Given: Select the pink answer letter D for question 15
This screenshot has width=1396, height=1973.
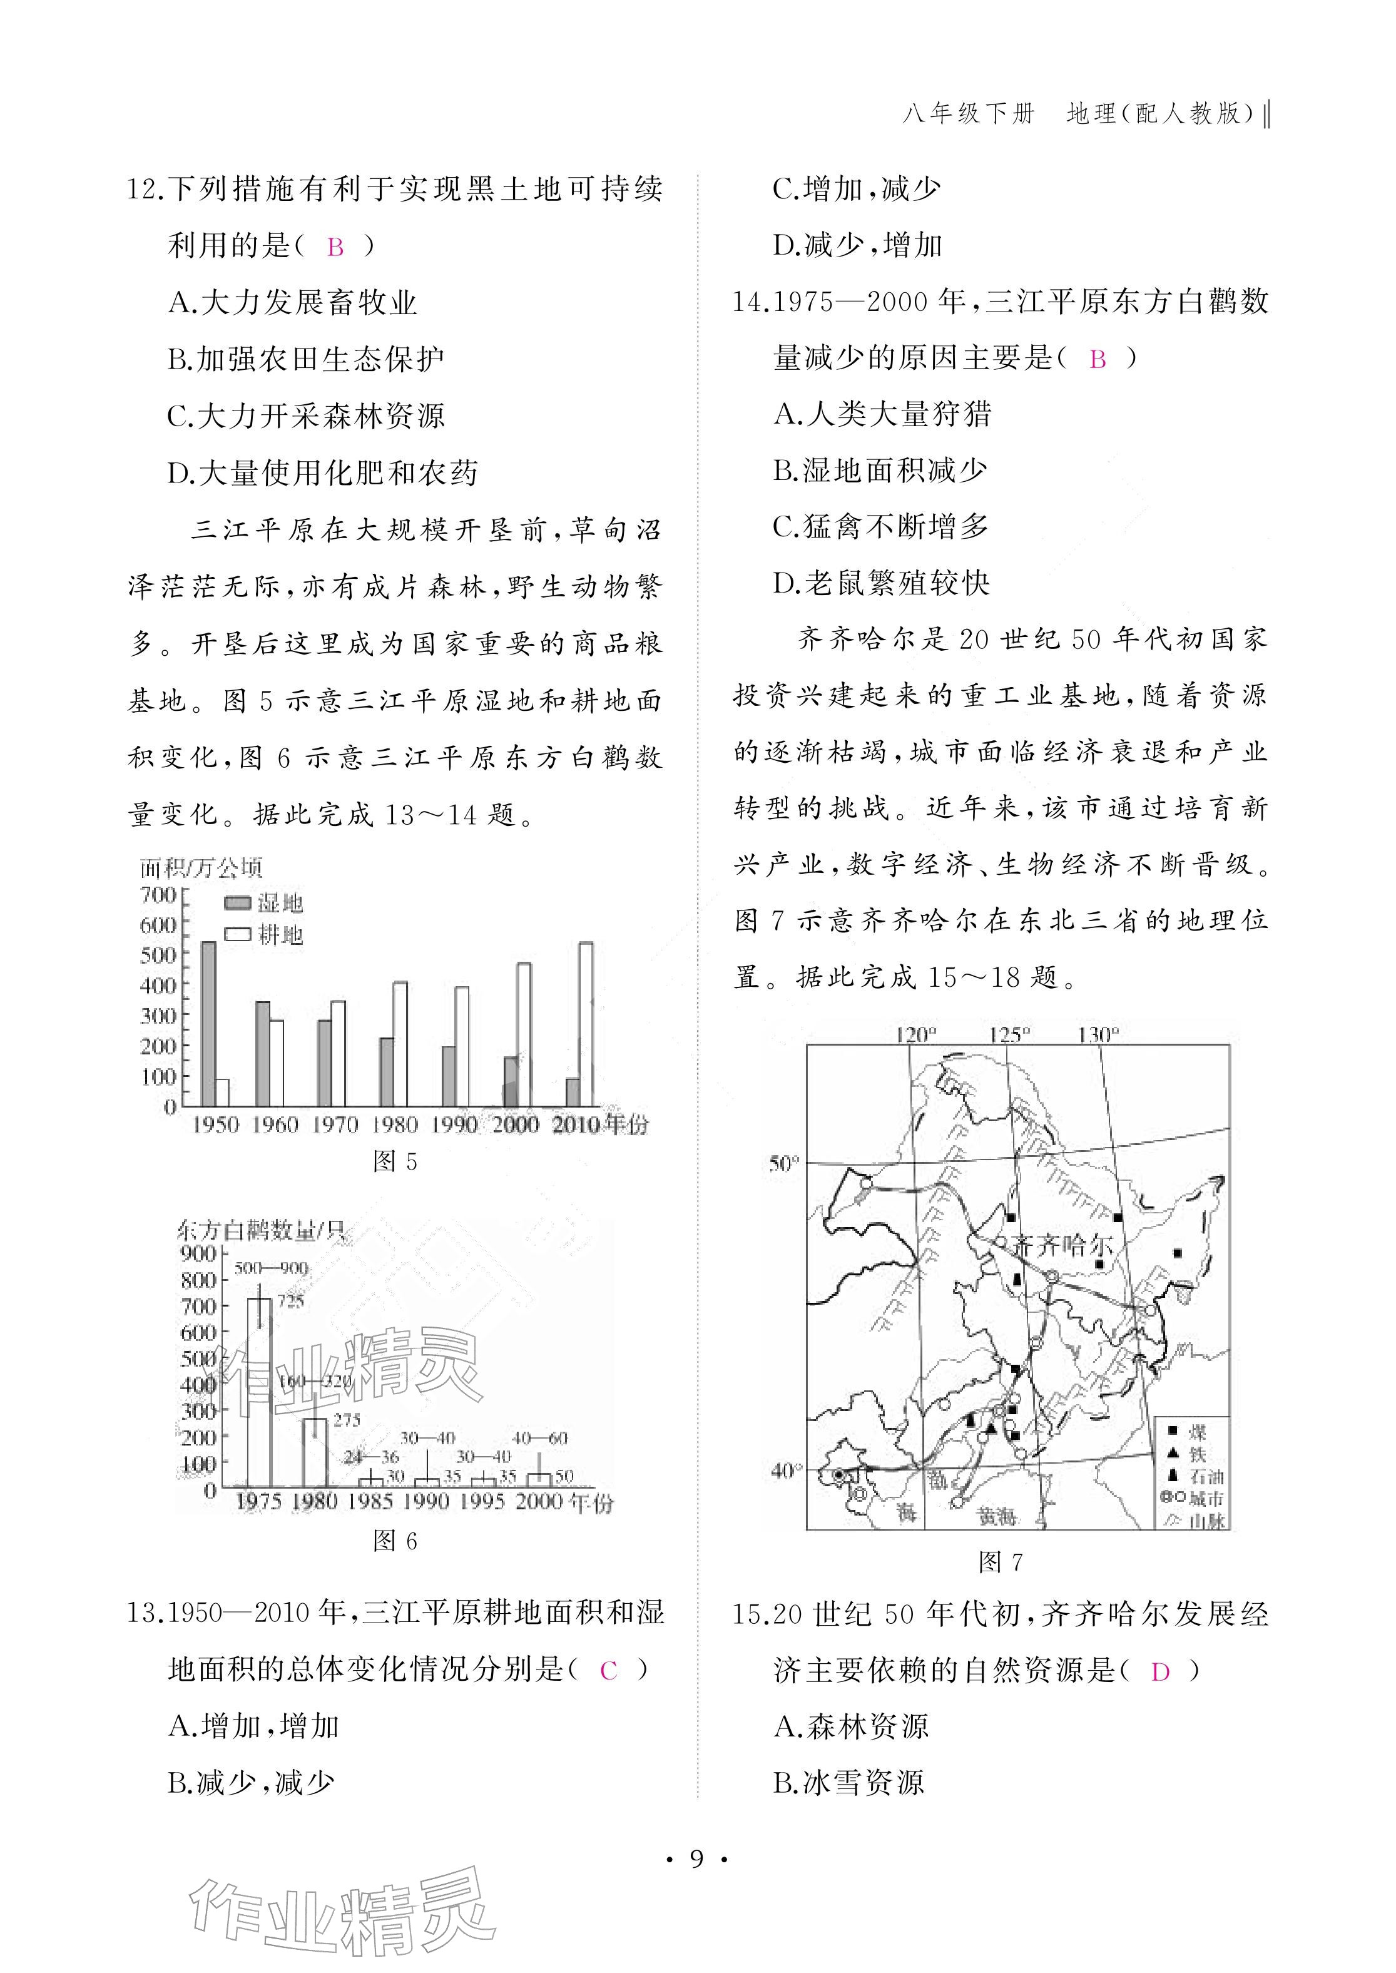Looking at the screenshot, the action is click(1161, 1671).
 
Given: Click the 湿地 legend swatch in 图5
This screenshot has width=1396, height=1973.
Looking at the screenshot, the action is click(237, 903).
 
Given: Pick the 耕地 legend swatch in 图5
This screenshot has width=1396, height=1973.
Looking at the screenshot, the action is click(237, 934).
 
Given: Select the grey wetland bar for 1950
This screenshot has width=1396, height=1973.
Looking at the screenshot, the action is click(208, 1023).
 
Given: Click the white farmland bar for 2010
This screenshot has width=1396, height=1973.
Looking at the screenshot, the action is click(586, 1023).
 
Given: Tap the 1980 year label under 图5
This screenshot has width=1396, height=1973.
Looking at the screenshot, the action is click(395, 1124).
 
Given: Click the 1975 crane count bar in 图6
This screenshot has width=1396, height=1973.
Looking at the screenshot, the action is click(259, 1393).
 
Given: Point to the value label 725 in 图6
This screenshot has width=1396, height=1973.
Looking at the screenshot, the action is click(290, 1302).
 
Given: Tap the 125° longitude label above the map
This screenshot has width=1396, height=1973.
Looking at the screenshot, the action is click(1009, 1034).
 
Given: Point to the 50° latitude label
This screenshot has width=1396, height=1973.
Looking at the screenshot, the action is click(784, 1164).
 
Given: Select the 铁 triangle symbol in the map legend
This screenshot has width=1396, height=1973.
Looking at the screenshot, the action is click(1173, 1454).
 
